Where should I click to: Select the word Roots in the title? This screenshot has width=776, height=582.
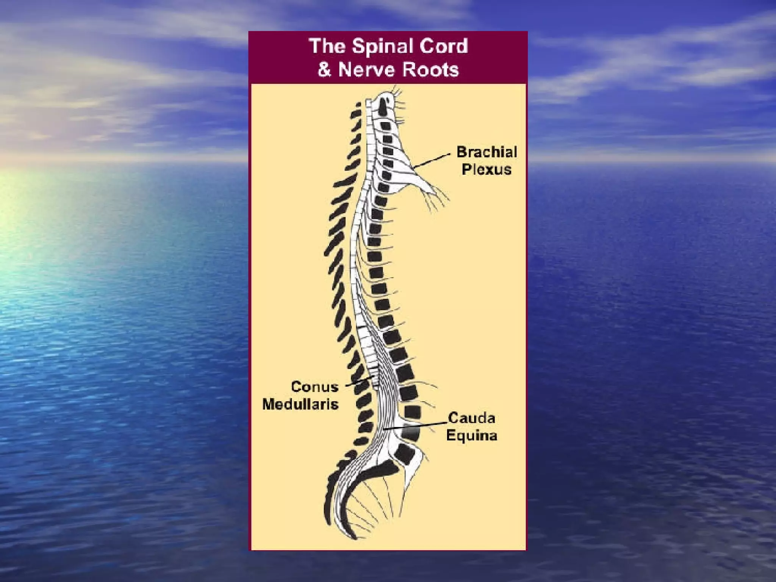click(432, 70)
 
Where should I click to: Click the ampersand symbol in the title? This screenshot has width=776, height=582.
click(324, 70)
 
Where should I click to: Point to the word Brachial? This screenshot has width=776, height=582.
click(487, 152)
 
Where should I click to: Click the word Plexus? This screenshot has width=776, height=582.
click(487, 169)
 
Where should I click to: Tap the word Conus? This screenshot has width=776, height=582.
click(314, 387)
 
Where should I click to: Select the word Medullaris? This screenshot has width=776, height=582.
click(300, 404)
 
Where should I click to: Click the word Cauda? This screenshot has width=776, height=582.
click(471, 418)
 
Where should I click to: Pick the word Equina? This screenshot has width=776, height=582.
click(471, 435)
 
